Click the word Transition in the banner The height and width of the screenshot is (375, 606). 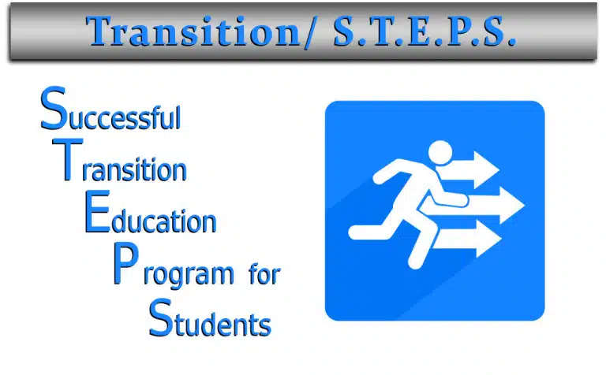193,32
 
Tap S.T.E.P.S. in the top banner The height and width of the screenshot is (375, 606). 425,32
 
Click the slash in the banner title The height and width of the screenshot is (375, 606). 312,32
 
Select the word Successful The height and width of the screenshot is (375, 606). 110,110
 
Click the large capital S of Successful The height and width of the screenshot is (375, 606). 54,109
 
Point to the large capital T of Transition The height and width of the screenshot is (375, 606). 68,159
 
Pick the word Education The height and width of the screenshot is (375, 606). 151,213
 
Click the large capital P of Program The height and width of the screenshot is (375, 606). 125,264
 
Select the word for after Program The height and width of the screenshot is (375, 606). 265,274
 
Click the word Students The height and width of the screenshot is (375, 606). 210,318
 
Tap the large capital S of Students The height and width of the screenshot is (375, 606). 161,317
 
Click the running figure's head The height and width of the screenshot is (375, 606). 440,152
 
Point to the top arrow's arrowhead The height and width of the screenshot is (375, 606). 486,169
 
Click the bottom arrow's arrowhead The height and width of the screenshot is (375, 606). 488,239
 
